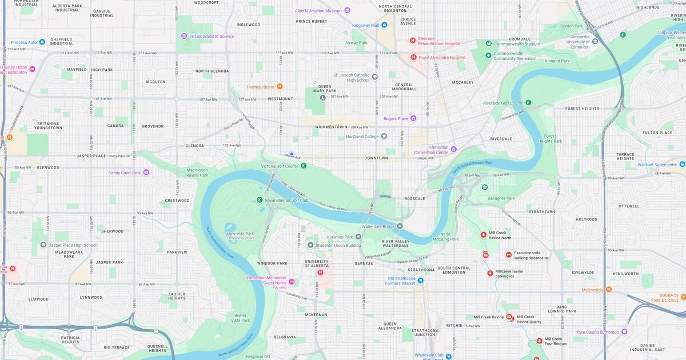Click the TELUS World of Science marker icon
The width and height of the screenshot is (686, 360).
184,36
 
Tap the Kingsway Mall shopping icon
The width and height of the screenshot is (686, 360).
384,25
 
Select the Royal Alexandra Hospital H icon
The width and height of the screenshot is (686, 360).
413,57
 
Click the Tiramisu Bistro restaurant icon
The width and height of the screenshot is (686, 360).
280,87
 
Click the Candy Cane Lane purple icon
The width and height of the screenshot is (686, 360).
146,172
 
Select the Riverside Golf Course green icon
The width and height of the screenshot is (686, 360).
528,103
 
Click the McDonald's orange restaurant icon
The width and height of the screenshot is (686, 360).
608,290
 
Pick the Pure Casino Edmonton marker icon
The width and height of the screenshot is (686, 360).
624,331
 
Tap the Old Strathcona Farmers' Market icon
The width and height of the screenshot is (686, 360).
420,280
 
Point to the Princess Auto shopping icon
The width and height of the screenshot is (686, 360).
42,42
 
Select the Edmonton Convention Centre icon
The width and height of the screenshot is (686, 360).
453,149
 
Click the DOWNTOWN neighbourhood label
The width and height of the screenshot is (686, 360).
376,158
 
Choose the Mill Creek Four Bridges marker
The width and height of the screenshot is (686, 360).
539,341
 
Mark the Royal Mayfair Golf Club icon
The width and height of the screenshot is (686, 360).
260,200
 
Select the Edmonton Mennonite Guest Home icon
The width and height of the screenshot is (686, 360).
292,282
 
